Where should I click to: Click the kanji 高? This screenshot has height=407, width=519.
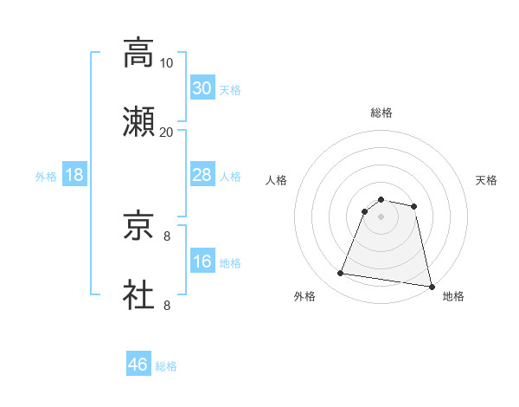[139, 53]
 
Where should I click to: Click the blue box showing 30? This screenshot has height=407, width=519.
[202, 88]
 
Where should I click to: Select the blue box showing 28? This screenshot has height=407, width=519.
[202, 175]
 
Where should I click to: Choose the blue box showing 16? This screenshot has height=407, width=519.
[202, 262]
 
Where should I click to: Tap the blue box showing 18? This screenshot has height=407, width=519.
[74, 175]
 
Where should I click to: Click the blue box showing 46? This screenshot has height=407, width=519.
[138, 365]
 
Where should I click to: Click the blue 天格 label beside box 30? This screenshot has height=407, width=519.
[230, 90]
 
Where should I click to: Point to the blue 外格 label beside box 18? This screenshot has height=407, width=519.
[46, 177]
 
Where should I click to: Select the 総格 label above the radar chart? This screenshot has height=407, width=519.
[381, 113]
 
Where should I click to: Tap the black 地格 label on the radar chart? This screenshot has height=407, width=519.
[453, 296]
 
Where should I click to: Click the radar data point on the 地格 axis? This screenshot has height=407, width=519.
[430, 286]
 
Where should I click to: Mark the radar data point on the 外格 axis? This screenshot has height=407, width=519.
[341, 274]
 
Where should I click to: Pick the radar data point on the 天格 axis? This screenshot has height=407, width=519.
[414, 206]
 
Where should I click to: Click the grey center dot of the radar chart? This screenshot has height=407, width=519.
[381, 216]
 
